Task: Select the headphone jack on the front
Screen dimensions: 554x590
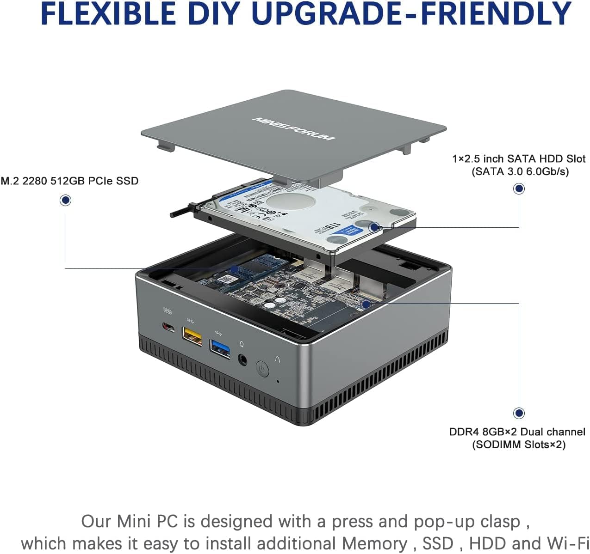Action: point(242,359)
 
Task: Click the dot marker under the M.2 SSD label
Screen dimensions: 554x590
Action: point(66,200)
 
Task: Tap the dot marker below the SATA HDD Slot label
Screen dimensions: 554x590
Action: point(519,189)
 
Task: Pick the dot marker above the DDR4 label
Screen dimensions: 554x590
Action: point(519,413)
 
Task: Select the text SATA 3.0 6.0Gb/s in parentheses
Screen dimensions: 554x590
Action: point(520,172)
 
